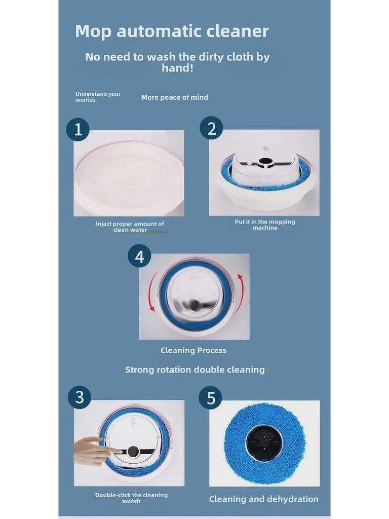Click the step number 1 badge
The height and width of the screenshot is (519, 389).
pyautogui.click(x=77, y=129)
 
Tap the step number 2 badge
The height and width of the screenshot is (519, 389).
pyautogui.click(x=211, y=128)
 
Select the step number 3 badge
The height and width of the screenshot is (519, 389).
pyautogui.click(x=80, y=397)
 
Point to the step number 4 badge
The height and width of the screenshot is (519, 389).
pyautogui.click(x=140, y=256)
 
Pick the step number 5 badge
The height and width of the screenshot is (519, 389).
pyautogui.click(x=211, y=398)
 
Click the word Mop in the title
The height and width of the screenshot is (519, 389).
pyautogui.click(x=93, y=32)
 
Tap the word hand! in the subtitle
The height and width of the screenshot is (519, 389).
pyautogui.click(x=177, y=68)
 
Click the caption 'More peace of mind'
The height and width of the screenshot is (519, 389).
pyautogui.click(x=175, y=97)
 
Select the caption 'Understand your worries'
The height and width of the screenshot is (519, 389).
pyautogui.click(x=98, y=97)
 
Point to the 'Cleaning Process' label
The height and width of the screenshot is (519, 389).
pyautogui.click(x=193, y=350)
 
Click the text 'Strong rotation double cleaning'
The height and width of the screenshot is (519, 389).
pyautogui.click(x=195, y=369)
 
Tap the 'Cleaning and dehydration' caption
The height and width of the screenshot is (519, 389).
pyautogui.click(x=263, y=499)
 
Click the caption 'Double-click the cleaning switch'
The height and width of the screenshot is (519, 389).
pyautogui.click(x=131, y=498)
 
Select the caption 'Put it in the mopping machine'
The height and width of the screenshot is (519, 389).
pyautogui.click(x=265, y=225)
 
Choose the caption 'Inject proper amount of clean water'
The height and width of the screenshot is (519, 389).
pyautogui.click(x=130, y=227)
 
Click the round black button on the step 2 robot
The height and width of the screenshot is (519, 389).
pyautogui.click(x=264, y=162)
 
